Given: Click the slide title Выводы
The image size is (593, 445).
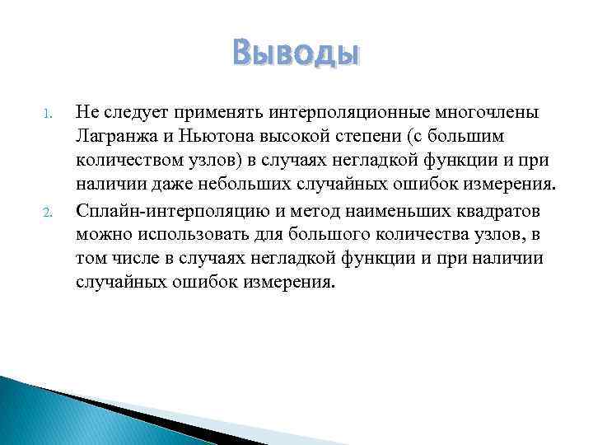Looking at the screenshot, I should pyautogui.click(x=296, y=54).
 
